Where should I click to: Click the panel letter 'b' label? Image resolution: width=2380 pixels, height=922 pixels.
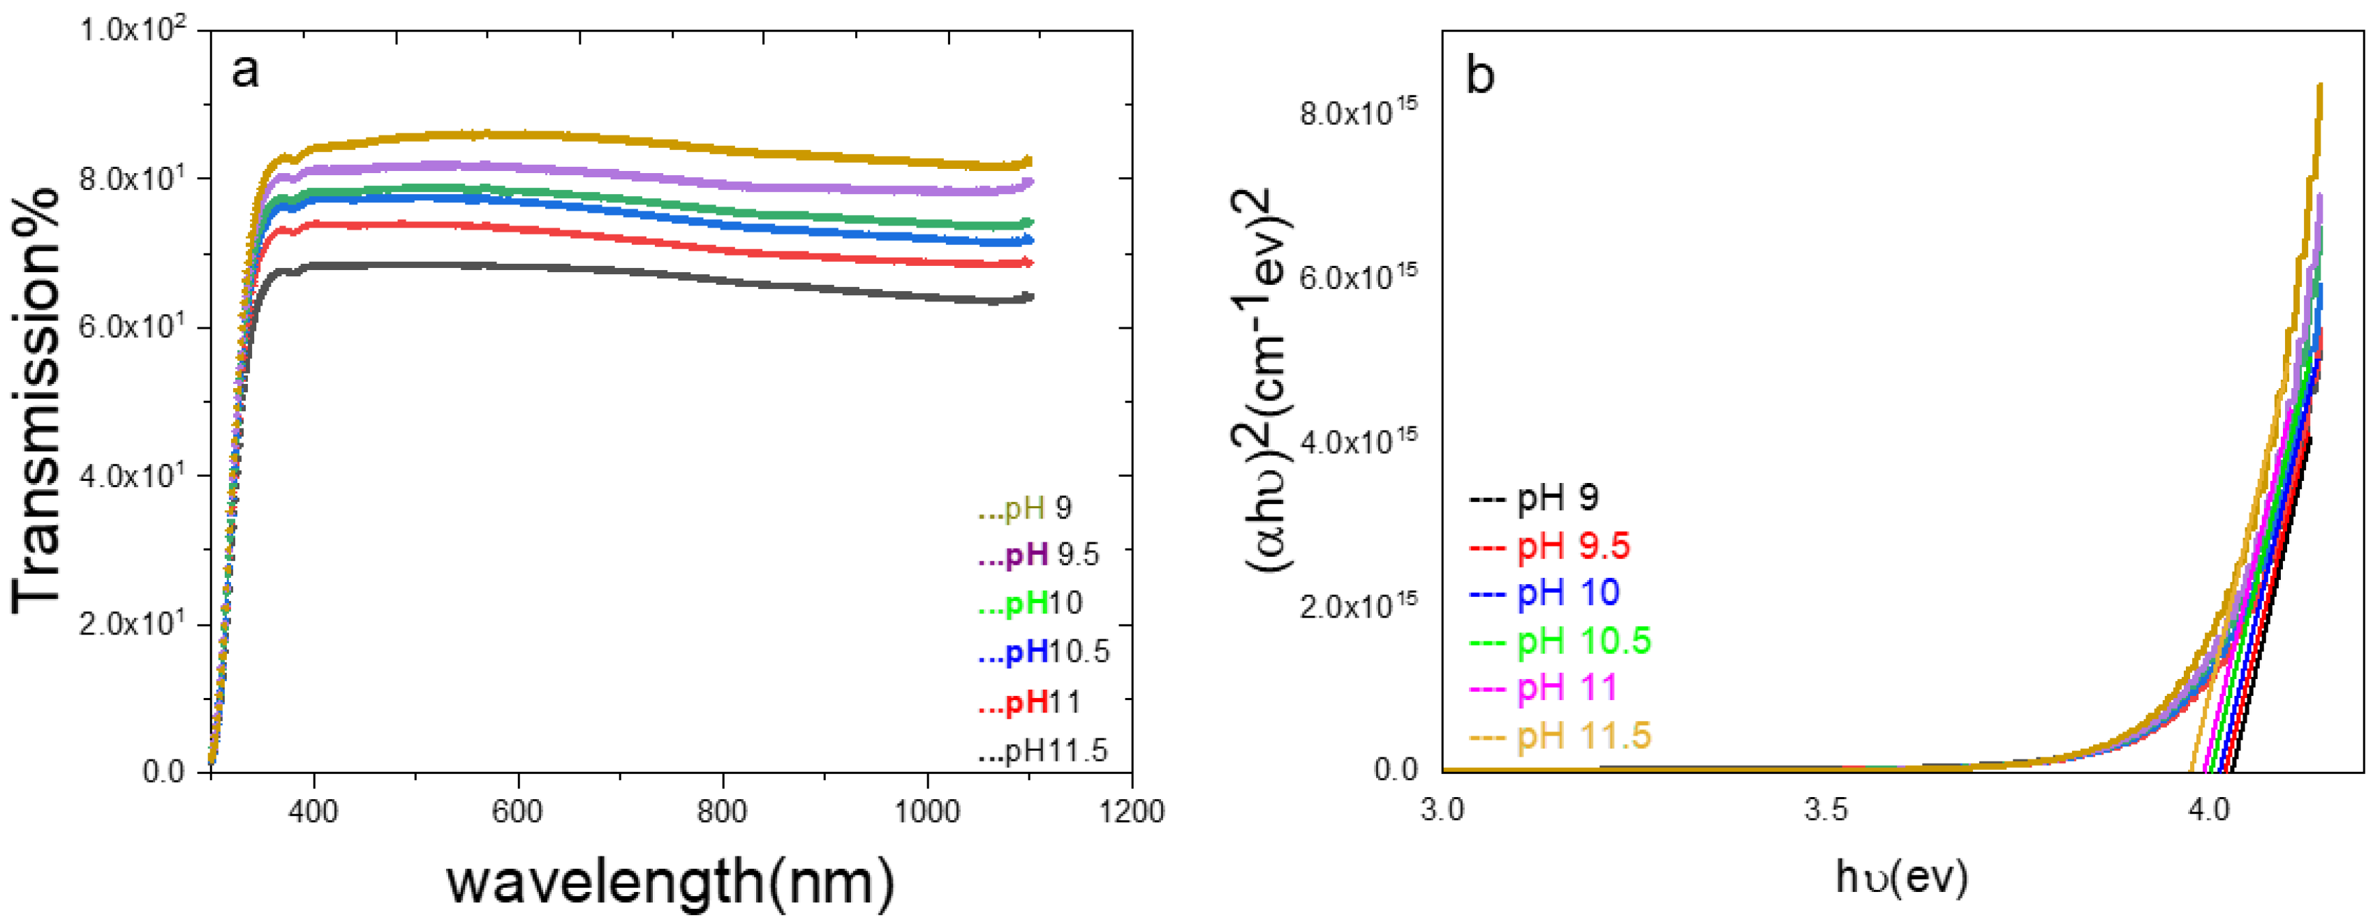pyautogui.click(x=1480, y=74)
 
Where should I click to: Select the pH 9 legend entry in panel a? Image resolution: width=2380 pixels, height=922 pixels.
pyautogui.click(x=1026, y=508)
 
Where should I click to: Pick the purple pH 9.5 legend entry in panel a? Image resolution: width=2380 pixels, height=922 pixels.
pyautogui.click(x=1040, y=556)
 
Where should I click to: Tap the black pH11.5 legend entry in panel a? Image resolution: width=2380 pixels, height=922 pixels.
pyautogui.click(x=1043, y=751)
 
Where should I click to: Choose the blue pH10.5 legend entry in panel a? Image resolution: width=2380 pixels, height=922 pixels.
pyautogui.click(x=1044, y=652)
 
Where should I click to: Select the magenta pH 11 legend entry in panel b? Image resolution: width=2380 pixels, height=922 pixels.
pyautogui.click(x=1544, y=688)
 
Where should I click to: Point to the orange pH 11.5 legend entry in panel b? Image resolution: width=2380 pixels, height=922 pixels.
pyautogui.click(x=1560, y=736)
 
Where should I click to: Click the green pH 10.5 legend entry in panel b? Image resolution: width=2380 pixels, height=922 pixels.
pyautogui.click(x=1560, y=640)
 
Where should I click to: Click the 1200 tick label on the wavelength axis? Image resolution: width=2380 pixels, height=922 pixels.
pyautogui.click(x=1131, y=812)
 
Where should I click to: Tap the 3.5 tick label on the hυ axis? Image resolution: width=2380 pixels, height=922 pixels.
pyautogui.click(x=1826, y=810)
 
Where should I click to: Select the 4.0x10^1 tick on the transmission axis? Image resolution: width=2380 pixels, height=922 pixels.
pyautogui.click(x=132, y=476)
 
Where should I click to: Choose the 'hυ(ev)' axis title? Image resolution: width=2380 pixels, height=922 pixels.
pyautogui.click(x=1901, y=877)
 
